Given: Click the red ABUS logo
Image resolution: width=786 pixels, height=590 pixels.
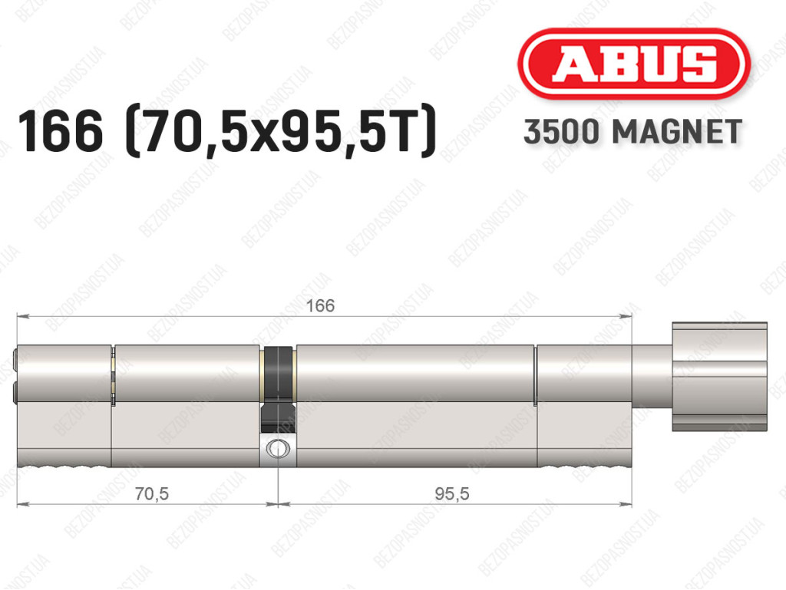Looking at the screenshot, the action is [x=633, y=64].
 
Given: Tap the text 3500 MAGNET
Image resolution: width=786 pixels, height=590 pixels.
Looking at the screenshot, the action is [x=632, y=132].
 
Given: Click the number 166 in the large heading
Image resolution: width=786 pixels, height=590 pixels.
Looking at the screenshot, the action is [x=61, y=132].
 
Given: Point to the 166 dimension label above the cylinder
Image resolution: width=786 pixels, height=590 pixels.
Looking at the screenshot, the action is [x=320, y=305].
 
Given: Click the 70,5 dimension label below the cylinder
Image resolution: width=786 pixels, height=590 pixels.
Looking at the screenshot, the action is [x=151, y=494].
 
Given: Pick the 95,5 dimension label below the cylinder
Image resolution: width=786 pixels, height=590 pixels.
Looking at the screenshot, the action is [x=451, y=494].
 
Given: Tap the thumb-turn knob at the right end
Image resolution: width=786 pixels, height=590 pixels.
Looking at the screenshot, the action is [x=719, y=377].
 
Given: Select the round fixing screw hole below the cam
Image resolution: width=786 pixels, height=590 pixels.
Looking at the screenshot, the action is [x=277, y=448].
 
